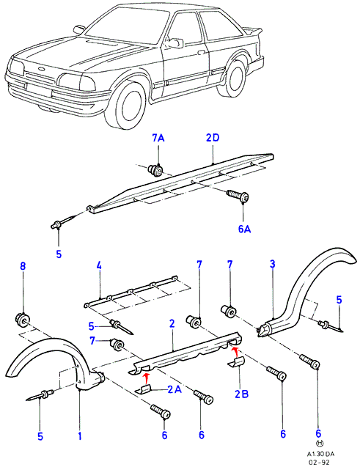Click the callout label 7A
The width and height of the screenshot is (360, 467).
[x=158, y=139]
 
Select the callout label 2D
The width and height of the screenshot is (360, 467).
[x=213, y=138]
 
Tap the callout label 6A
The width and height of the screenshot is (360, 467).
[x=244, y=229]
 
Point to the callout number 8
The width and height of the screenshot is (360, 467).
[x=23, y=266]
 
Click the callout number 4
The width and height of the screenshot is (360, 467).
[x=99, y=265]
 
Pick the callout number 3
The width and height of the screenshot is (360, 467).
[x=272, y=264]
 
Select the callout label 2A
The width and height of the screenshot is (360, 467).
[x=175, y=389]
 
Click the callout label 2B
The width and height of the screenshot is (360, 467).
[x=241, y=394]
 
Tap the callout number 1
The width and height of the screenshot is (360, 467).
[x=79, y=436]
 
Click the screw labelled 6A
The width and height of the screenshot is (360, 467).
[x=238, y=195]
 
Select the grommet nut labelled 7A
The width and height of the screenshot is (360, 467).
[x=155, y=171]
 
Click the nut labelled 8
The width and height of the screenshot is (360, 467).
[x=22, y=320]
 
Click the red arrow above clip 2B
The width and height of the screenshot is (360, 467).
[x=235, y=351]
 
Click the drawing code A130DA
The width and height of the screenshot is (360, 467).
[x=320, y=454]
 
